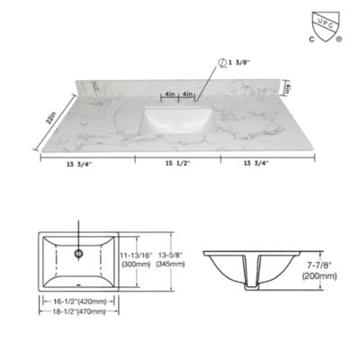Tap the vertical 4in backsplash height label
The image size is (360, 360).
coord(285,88)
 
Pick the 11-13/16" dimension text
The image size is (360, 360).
coord(137,256)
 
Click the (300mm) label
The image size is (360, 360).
coord(137,265)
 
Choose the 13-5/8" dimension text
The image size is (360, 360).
coord(168,256)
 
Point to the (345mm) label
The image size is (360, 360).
coord(168,265)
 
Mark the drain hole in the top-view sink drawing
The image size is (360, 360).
coord(80,253)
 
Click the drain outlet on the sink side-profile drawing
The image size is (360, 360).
coord(256,278)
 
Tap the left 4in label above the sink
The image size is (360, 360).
coord(170,94)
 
